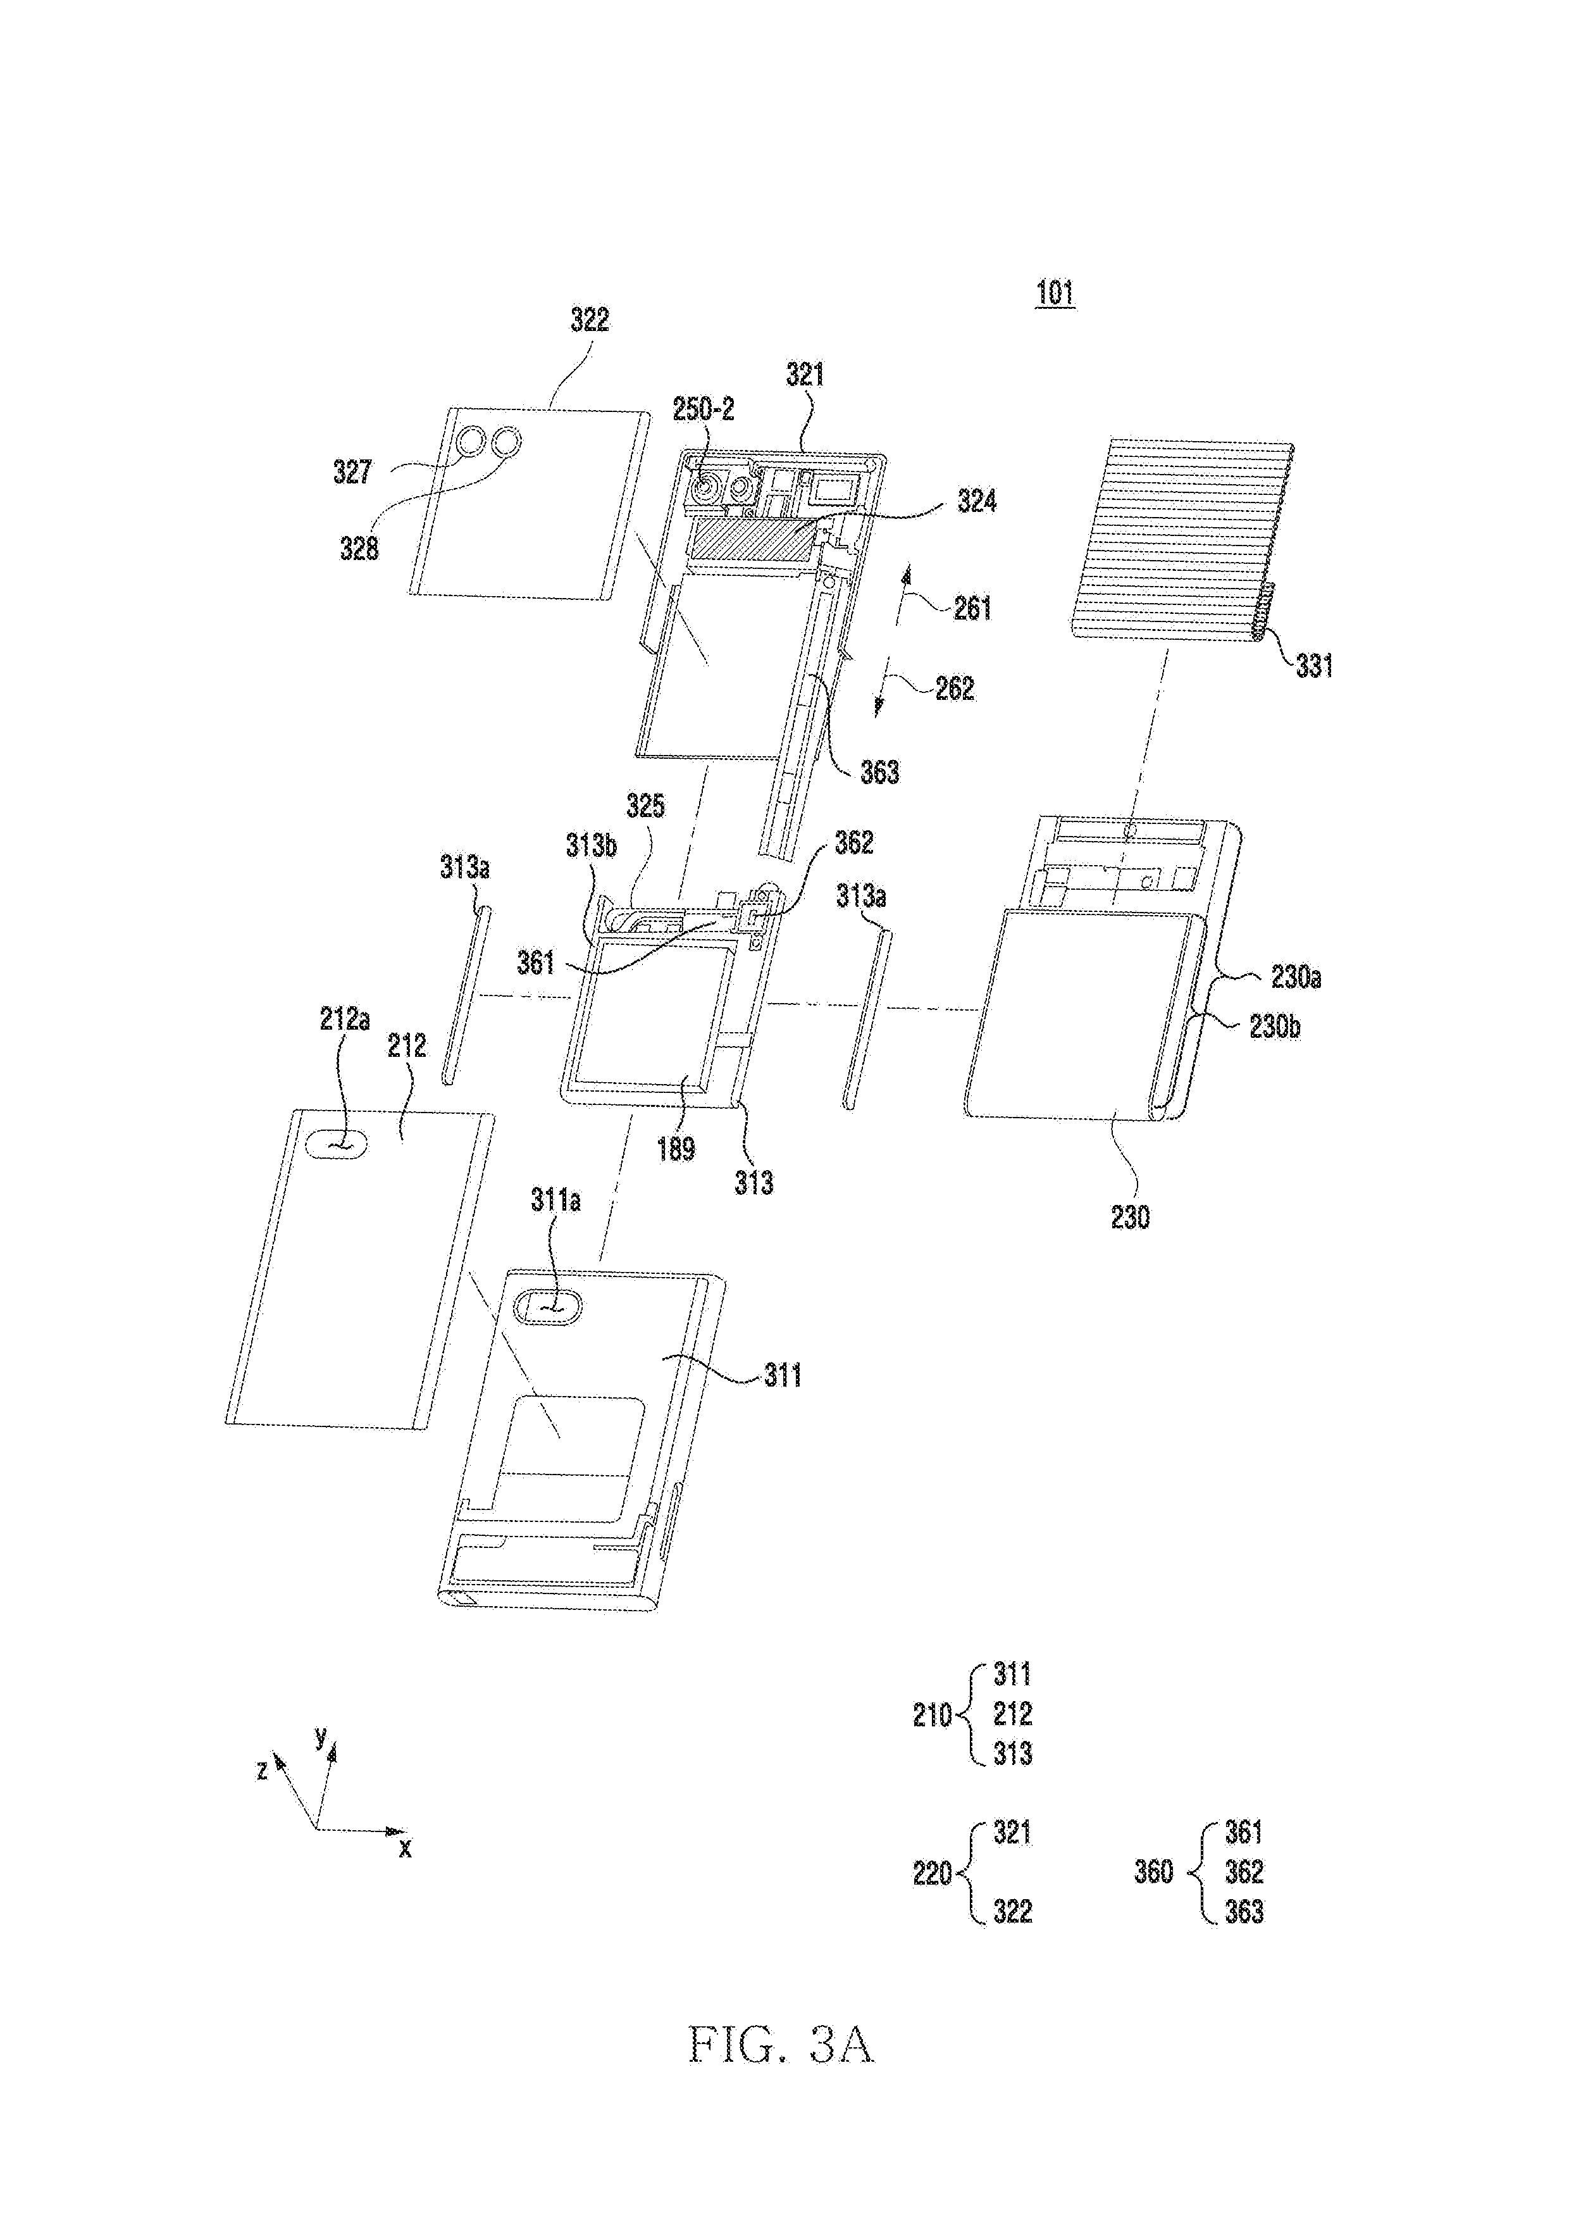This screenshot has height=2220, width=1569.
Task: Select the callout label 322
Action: click(589, 319)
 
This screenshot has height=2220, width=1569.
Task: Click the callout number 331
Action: click(1314, 665)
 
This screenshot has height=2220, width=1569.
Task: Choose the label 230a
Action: click(1296, 978)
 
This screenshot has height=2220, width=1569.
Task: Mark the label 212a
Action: click(344, 1019)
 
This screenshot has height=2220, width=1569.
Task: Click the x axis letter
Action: click(405, 1848)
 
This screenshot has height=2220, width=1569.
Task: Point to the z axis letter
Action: click(261, 1771)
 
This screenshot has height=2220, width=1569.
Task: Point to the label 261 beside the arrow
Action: click(972, 608)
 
